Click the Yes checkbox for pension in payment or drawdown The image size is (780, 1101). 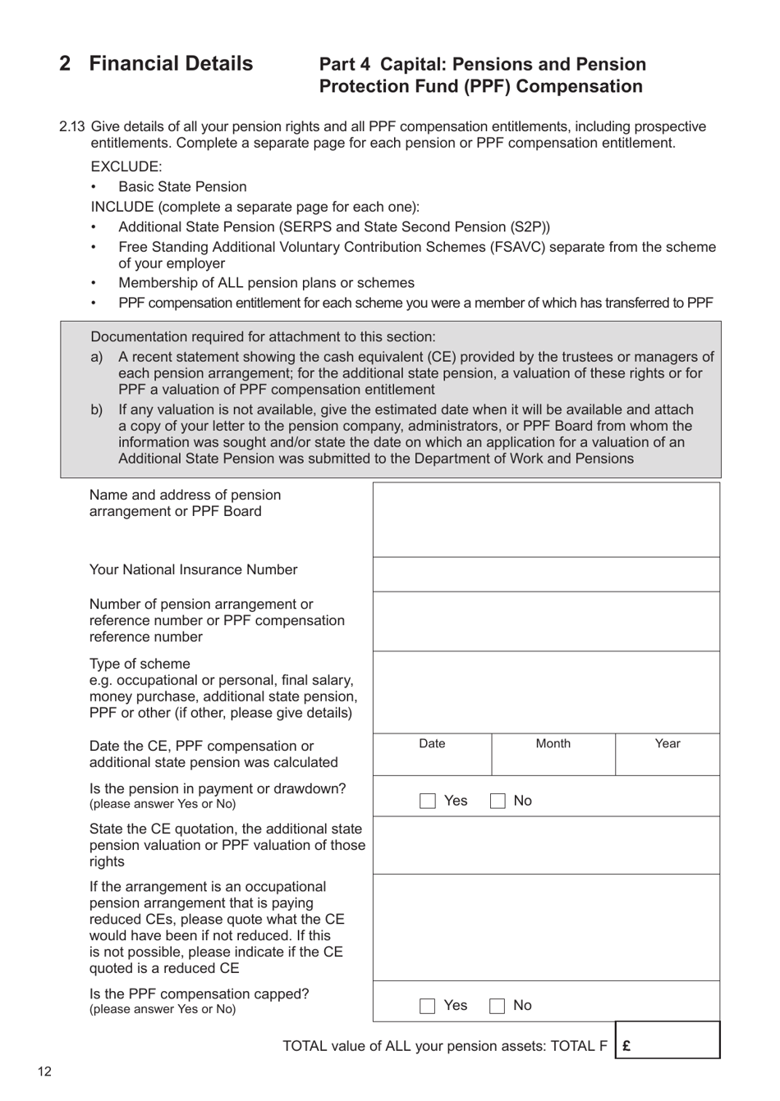click(x=428, y=801)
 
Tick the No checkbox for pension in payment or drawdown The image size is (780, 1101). click(x=498, y=801)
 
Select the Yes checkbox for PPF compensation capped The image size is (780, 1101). click(x=428, y=1006)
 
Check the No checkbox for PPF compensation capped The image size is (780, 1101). click(x=498, y=1006)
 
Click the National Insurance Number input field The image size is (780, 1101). click(x=546, y=574)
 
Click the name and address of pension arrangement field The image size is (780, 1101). click(x=546, y=519)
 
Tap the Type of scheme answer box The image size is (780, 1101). click(x=546, y=692)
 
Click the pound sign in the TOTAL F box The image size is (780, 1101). click(x=627, y=1046)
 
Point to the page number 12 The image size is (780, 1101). click(x=44, y=1071)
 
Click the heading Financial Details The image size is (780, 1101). click(x=171, y=64)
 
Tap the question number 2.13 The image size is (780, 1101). click(x=72, y=126)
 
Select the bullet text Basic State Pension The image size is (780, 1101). click(x=182, y=187)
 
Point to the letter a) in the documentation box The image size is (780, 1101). click(x=97, y=357)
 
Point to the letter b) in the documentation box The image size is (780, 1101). click(x=97, y=409)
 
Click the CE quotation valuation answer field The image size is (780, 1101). click(x=546, y=845)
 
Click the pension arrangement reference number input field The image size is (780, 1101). click(x=546, y=621)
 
